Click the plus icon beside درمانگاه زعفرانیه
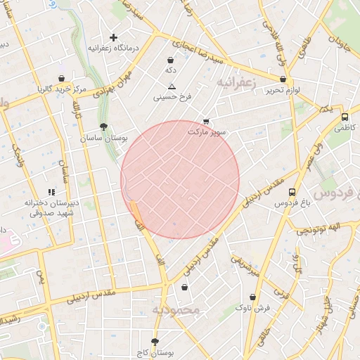[x=113, y=37]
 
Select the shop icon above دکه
[x=171, y=60]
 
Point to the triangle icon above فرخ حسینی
[x=171, y=86]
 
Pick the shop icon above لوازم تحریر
[x=283, y=79]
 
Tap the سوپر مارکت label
[x=207, y=131]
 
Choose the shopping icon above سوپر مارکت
[x=205, y=122]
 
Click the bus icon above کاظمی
[x=345, y=117]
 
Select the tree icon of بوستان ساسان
[x=104, y=127]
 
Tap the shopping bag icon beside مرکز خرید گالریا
[x=62, y=79]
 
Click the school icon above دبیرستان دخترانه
[x=51, y=192]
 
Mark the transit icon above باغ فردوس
[x=292, y=192]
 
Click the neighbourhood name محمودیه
[x=176, y=309]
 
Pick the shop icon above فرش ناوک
[x=252, y=297]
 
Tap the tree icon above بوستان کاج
[x=165, y=341]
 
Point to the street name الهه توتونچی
[x=319, y=229]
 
